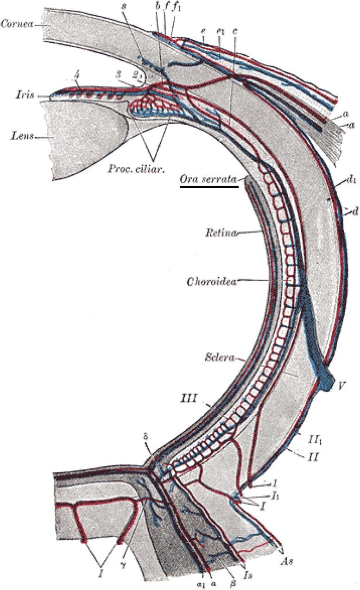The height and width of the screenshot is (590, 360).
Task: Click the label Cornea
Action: [17, 23]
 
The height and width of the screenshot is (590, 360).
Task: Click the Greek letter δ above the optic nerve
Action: [146, 449]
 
